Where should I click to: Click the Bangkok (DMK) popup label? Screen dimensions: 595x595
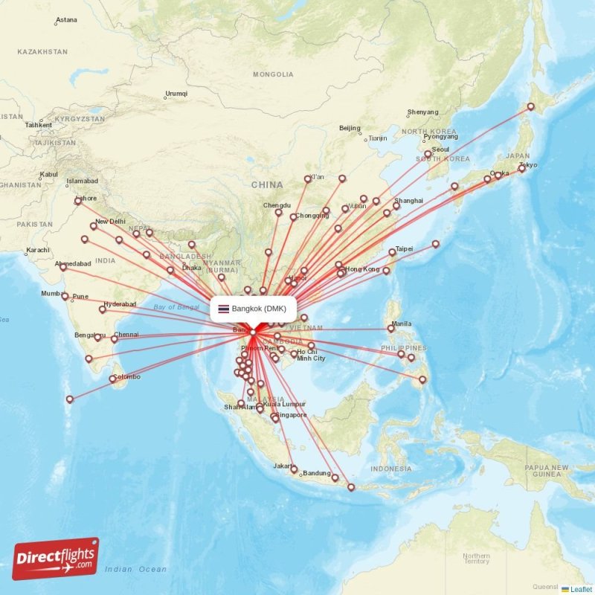(x=254, y=309)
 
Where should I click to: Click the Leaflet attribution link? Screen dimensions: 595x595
(x=581, y=589)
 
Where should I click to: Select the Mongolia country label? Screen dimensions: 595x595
(x=273, y=74)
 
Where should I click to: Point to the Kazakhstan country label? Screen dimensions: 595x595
(x=42, y=52)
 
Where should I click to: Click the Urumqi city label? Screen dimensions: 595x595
(x=176, y=94)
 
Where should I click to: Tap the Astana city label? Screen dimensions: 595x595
(x=66, y=19)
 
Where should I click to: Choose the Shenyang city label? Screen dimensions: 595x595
(x=422, y=112)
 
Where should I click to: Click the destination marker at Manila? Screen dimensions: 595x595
(x=391, y=328)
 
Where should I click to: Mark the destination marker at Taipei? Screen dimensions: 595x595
(x=393, y=252)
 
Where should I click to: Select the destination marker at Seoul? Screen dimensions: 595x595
(x=428, y=154)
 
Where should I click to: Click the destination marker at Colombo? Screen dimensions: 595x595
(x=113, y=379)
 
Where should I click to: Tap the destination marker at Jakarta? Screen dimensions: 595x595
(x=294, y=469)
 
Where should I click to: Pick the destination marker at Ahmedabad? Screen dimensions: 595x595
(x=63, y=268)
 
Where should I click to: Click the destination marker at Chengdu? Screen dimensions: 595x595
(x=278, y=213)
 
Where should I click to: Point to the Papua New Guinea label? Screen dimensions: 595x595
(x=547, y=470)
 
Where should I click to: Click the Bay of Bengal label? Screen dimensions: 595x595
(x=176, y=306)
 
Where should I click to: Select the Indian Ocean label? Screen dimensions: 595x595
(x=135, y=569)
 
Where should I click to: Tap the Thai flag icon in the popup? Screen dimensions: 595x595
(x=223, y=309)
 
